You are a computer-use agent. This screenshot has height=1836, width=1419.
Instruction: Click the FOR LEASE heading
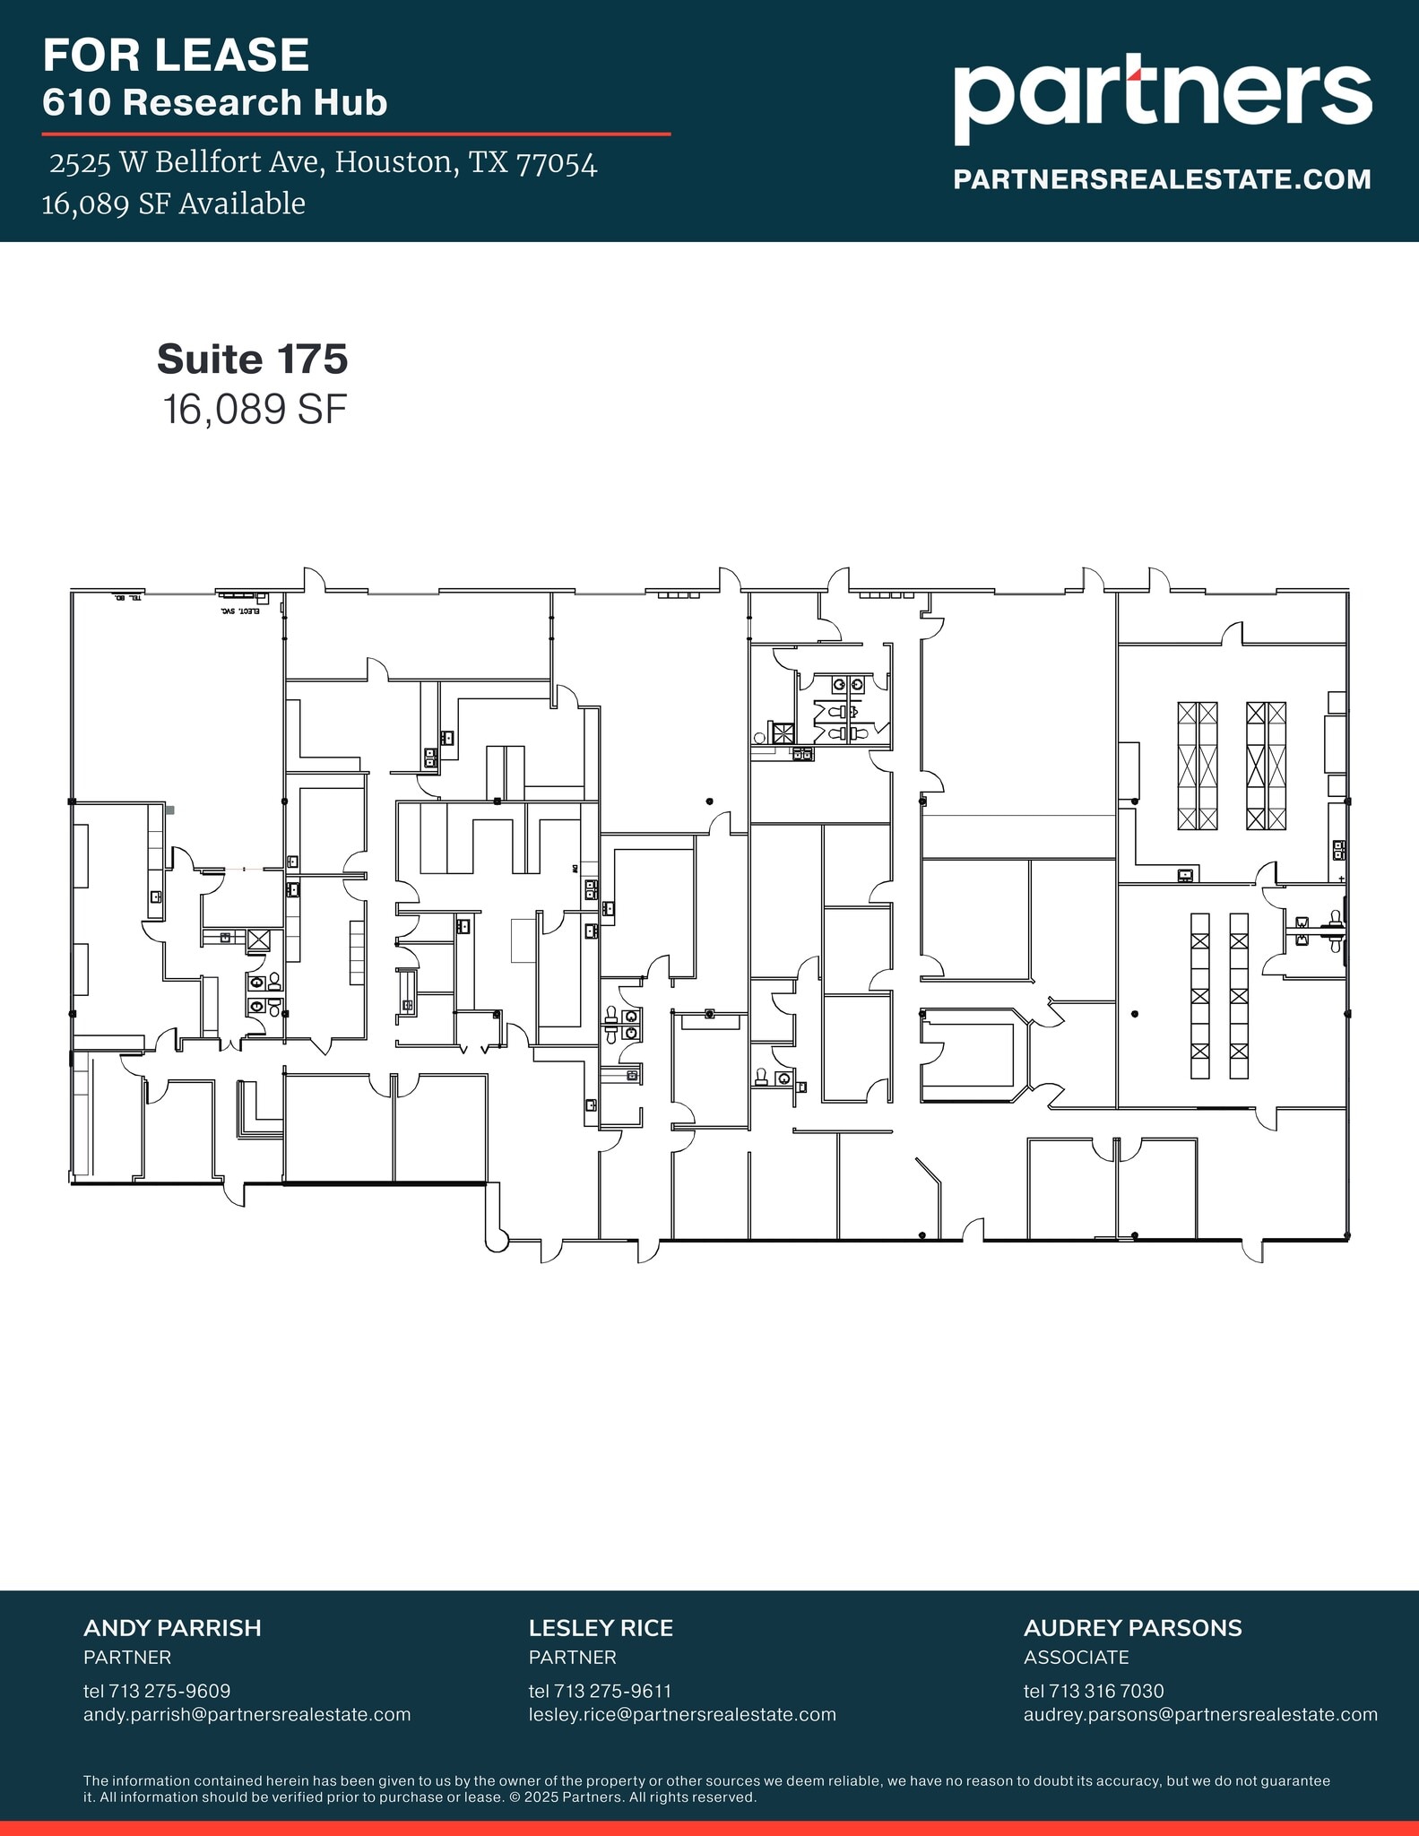pyautogui.click(x=176, y=56)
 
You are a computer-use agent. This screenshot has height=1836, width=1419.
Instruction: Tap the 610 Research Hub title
pyautogui.click(x=214, y=102)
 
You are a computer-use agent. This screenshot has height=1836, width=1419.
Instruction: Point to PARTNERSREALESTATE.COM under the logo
pyautogui.click(x=1162, y=179)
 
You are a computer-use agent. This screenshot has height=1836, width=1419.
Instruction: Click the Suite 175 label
pyautogui.click(x=252, y=359)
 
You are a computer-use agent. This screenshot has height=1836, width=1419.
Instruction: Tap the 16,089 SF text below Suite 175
pyautogui.click(x=254, y=410)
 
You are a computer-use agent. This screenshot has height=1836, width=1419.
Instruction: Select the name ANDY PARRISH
pyautogui.click(x=172, y=1628)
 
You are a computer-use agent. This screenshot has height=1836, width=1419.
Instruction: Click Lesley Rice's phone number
pyautogui.click(x=600, y=1691)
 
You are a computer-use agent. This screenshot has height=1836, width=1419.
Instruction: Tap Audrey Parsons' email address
pyautogui.click(x=1200, y=1714)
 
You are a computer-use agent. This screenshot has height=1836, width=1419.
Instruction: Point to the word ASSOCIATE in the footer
pyautogui.click(x=1076, y=1657)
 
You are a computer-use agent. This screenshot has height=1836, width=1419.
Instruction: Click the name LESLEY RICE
pyautogui.click(x=601, y=1628)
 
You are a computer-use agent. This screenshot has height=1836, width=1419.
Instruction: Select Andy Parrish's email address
pyautogui.click(x=247, y=1714)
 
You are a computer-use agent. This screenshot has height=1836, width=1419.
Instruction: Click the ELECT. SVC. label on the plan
pyautogui.click(x=239, y=611)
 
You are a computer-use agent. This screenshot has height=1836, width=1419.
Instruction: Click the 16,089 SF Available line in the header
pyautogui.click(x=173, y=204)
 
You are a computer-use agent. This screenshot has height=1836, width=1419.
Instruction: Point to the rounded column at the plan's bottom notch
pyautogui.click(x=497, y=1242)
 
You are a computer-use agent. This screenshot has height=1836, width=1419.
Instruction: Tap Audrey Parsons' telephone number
pyautogui.click(x=1094, y=1691)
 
